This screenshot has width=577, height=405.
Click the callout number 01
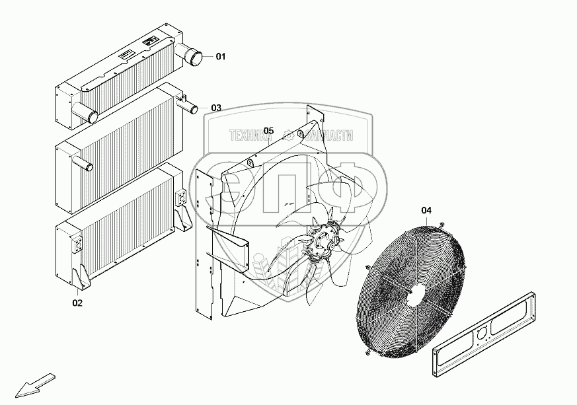pyautogui.click(x=221, y=57)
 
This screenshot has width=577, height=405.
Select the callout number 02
pyautogui.click(x=77, y=303)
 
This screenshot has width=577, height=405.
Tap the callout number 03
pyautogui.click(x=216, y=108)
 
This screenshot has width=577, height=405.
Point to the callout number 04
pyautogui.click(x=426, y=210)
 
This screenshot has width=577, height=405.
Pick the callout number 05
pyautogui.click(x=268, y=131)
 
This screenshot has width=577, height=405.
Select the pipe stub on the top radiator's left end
pyautogui.click(x=83, y=114)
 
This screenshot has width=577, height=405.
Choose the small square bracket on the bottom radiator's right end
pyautogui.click(x=180, y=198)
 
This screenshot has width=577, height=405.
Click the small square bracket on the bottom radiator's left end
pyautogui.click(x=75, y=244)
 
